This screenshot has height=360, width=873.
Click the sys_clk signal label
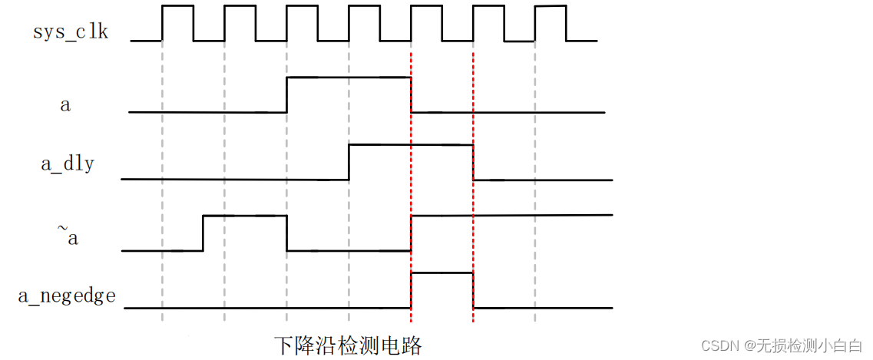(71, 32)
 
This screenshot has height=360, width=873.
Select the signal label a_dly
(68, 163)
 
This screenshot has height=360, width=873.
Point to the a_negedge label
(68, 296)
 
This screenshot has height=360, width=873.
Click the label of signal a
(65, 105)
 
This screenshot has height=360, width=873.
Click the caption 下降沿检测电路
(348, 345)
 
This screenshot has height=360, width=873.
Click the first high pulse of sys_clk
(177, 7)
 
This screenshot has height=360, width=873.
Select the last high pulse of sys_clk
(551, 7)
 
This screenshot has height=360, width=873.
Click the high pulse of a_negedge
(441, 273)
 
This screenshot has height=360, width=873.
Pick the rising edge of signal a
(286, 94)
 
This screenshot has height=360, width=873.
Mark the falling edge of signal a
(411, 94)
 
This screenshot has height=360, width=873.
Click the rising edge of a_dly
(349, 161)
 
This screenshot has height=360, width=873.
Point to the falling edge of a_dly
(473, 162)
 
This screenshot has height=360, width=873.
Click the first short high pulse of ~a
(244, 216)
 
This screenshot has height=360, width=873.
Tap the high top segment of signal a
(349, 77)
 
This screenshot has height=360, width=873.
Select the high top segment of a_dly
(411, 144)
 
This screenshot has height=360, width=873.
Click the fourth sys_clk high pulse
(364, 7)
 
